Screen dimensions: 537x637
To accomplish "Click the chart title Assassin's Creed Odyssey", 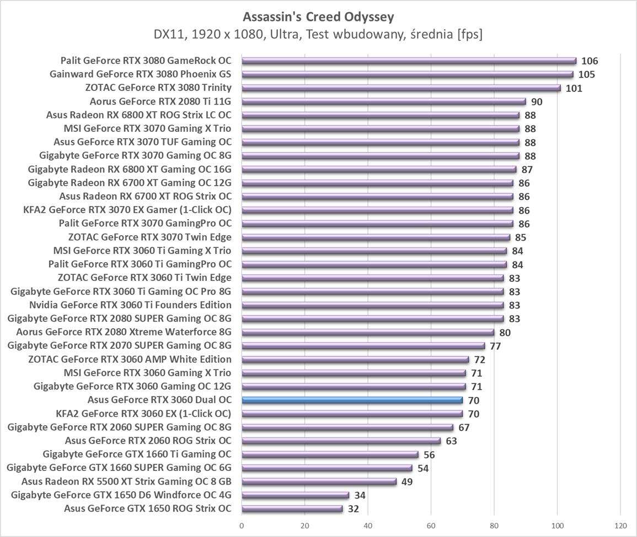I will pos(318,17).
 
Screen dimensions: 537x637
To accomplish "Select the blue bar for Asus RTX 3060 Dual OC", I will pos(352,400).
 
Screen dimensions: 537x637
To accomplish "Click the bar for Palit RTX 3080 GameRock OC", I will pos(409,61).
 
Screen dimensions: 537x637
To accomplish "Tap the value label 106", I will pos(590,61).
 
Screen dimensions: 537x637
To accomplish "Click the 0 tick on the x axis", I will pos(242,525).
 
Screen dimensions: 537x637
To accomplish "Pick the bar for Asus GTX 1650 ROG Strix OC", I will pos(292,508).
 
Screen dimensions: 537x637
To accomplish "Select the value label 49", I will pos(407,482).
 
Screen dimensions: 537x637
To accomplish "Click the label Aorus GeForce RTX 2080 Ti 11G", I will pos(160,101).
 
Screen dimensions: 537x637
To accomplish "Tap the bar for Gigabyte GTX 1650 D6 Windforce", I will pos(295,495).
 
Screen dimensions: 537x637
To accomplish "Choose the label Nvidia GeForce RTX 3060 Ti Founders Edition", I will pos(130,305).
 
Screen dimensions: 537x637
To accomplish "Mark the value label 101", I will pos(574,88).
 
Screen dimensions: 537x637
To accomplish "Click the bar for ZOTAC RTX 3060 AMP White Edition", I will pos(355,359).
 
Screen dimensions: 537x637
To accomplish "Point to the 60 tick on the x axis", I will pos(431,525).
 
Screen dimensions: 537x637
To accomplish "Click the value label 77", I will pos(495,346).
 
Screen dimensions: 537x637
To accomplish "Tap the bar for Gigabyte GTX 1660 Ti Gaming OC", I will pos(330,454).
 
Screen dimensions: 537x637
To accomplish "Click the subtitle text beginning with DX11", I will pos(318,35).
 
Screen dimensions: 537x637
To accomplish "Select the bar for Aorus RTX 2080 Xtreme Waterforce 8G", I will pos(368,332).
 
